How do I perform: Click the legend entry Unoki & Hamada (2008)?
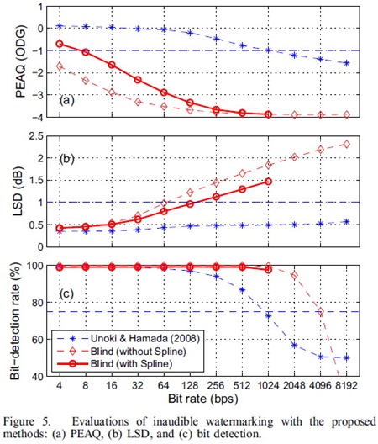[145, 338]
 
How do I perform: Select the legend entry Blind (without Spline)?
[139, 351]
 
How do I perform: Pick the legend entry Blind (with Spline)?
[131, 363]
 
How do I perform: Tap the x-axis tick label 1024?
[268, 386]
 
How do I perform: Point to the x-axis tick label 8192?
[347, 386]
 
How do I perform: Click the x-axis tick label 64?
[164, 386]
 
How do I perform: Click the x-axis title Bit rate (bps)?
[203, 399]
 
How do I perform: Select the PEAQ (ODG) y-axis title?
[21, 61]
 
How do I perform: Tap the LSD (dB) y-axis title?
[18, 192]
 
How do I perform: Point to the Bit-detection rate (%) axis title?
[15, 321]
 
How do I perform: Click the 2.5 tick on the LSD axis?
[36, 136]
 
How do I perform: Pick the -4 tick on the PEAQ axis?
[36, 117]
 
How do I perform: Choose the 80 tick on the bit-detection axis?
[39, 303]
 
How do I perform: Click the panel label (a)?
[66, 100]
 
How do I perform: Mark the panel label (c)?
[66, 294]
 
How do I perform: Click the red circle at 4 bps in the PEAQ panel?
[60, 44]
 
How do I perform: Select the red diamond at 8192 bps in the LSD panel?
[347, 144]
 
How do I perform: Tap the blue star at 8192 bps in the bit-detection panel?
[347, 357]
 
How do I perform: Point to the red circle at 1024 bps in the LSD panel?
[269, 182]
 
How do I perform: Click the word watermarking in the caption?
[239, 421]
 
